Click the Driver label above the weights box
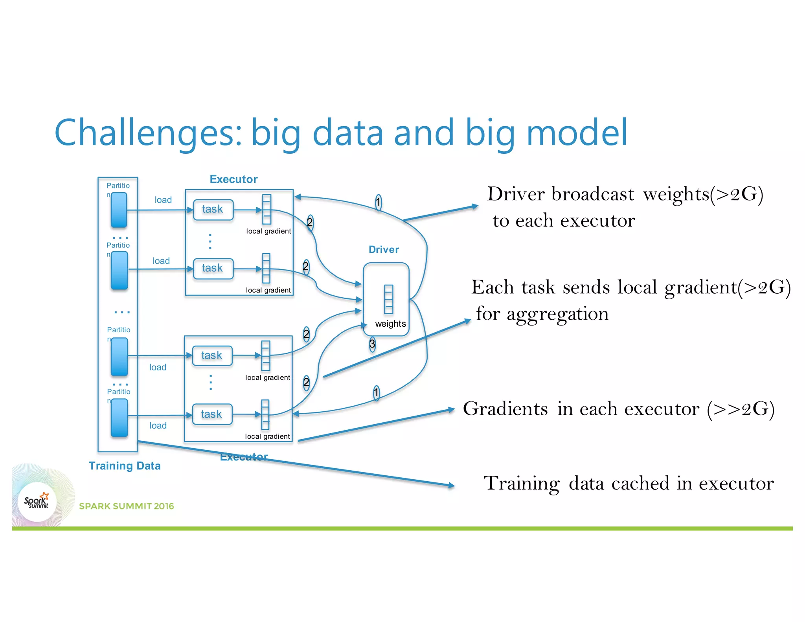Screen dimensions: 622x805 tap(383, 250)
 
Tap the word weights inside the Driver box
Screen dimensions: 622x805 tap(390, 324)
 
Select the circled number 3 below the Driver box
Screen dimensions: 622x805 tap(372, 344)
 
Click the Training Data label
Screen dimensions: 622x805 tap(124, 466)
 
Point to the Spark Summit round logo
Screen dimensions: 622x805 tap(37, 502)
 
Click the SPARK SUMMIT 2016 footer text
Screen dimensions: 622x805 tap(126, 506)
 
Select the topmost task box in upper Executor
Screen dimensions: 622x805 tap(213, 210)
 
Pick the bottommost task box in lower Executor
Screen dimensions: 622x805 tap(212, 414)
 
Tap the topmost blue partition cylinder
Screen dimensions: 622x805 tap(119, 210)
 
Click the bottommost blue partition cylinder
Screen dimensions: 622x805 tap(119, 418)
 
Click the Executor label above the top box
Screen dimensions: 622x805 tap(233, 179)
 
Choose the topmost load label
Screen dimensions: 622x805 tap(163, 200)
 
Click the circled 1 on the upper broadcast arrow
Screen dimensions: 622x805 tap(378, 202)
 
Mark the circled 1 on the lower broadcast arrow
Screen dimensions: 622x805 tap(376, 392)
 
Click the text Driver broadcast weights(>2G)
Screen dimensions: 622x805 tap(625, 194)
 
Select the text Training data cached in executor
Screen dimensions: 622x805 tap(628, 483)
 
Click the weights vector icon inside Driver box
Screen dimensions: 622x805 tap(388, 299)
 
